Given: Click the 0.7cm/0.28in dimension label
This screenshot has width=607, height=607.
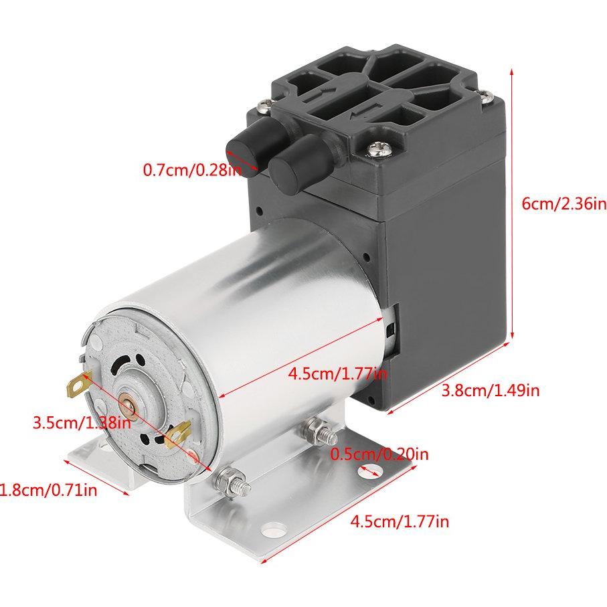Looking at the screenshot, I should (x=191, y=170).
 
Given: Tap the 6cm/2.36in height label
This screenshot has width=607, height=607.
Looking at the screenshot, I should (x=563, y=203).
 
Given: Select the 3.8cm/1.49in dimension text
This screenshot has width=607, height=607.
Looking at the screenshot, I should (x=491, y=389).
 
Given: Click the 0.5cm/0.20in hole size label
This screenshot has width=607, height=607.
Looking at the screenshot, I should (x=379, y=454).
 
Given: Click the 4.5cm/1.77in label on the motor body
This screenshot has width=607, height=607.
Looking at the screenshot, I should (x=337, y=373).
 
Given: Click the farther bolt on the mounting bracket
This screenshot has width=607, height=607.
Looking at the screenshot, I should (x=315, y=428).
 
